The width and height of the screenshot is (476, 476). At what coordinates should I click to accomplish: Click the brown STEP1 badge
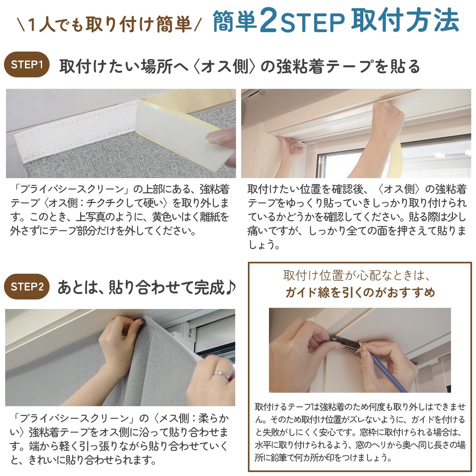(27, 65)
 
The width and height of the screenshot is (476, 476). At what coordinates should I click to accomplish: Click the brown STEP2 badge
(27, 286)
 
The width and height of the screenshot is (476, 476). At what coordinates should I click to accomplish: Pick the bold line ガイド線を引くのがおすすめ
(360, 293)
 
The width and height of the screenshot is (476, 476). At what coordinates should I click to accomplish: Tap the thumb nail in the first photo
(216, 137)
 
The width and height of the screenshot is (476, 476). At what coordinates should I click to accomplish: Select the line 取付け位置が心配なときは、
(357, 275)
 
